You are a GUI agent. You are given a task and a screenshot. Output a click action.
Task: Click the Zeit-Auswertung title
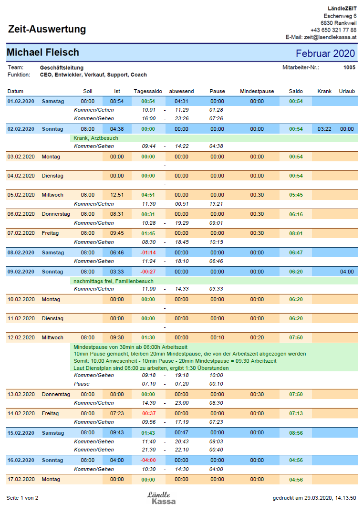coord(47,29)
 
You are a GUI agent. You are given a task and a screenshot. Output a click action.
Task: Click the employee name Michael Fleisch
coord(43,52)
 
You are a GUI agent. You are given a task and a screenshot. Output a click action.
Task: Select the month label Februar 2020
coord(325,53)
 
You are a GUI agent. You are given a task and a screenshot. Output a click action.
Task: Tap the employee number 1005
coord(349,67)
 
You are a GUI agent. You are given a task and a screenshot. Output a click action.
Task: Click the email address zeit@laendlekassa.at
coord(330,37)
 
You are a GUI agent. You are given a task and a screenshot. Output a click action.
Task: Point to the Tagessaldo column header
coord(148,92)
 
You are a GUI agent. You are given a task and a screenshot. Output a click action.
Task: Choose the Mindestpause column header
coord(257,92)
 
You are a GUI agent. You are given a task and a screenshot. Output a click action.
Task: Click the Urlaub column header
coord(347,92)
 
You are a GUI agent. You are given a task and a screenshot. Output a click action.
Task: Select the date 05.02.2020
coord(21,195)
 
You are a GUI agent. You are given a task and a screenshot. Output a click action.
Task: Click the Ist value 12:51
coord(117,195)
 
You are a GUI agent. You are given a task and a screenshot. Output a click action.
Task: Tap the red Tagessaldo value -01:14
coord(148,253)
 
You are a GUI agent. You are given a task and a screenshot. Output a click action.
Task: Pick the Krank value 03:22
coord(324,129)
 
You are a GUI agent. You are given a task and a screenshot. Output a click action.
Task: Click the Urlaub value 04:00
coord(347,272)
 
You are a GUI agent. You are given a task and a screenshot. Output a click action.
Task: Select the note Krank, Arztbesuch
coord(96,138)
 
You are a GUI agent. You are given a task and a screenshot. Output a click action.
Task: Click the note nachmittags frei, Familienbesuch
coord(114,281)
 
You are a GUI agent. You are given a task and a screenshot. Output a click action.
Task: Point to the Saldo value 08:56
coord(296,433)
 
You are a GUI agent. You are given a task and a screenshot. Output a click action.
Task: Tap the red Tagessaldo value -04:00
coord(148,460)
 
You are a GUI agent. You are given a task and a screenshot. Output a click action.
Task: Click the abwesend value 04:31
coord(181,102)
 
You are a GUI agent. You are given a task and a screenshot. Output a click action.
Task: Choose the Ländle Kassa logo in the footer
coord(161,498)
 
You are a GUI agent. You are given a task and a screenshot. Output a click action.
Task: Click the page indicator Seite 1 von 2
coord(22,498)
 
